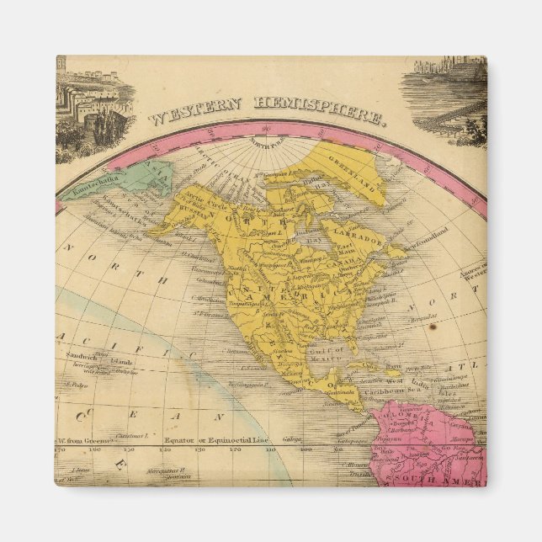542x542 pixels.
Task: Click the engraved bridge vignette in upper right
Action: click(446, 97)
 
